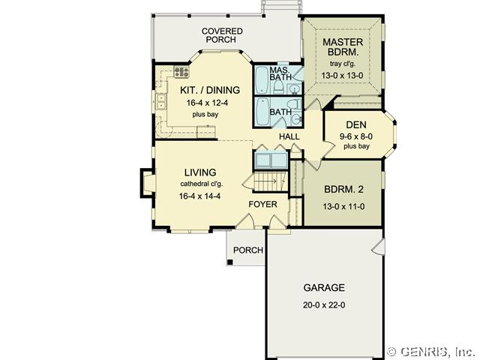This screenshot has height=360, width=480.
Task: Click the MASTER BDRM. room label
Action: click(x=343, y=46)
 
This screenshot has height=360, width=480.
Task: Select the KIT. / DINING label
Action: click(x=210, y=90)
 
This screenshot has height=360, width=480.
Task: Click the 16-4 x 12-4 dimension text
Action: click(x=207, y=103)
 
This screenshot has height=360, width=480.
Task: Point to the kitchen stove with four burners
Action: click(x=181, y=72)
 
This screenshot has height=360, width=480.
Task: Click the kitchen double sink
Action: click(x=160, y=102)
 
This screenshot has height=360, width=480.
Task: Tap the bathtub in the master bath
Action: click(x=261, y=80)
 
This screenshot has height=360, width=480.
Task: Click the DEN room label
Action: click(x=356, y=124)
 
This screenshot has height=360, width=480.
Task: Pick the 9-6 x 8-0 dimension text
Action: click(x=356, y=136)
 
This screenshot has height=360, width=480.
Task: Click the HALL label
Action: click(x=289, y=136)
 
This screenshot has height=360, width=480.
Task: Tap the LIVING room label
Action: click(x=200, y=172)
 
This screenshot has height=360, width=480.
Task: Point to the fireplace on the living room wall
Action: click(x=148, y=182)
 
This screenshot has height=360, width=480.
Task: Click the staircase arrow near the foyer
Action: click(x=265, y=181)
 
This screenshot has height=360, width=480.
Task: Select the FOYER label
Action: click(x=262, y=204)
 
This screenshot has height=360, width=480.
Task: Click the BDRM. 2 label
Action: click(x=343, y=189)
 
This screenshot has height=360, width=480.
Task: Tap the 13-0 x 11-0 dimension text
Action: click(x=343, y=207)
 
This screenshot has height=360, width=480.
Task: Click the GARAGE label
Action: click(x=324, y=288)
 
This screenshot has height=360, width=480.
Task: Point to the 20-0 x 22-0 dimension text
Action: click(x=324, y=305)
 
